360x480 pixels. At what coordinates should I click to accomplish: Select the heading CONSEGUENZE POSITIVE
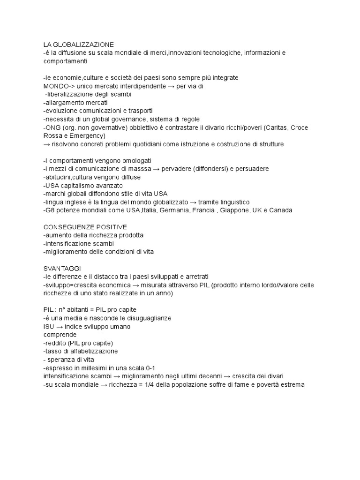point(85,227)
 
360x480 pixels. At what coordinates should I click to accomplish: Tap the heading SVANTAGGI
point(62,269)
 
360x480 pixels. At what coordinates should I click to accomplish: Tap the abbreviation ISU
point(49,327)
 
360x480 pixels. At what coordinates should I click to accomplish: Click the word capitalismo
point(77,186)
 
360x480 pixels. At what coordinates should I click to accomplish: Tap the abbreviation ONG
point(52,127)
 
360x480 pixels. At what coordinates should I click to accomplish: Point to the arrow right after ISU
point(60,327)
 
